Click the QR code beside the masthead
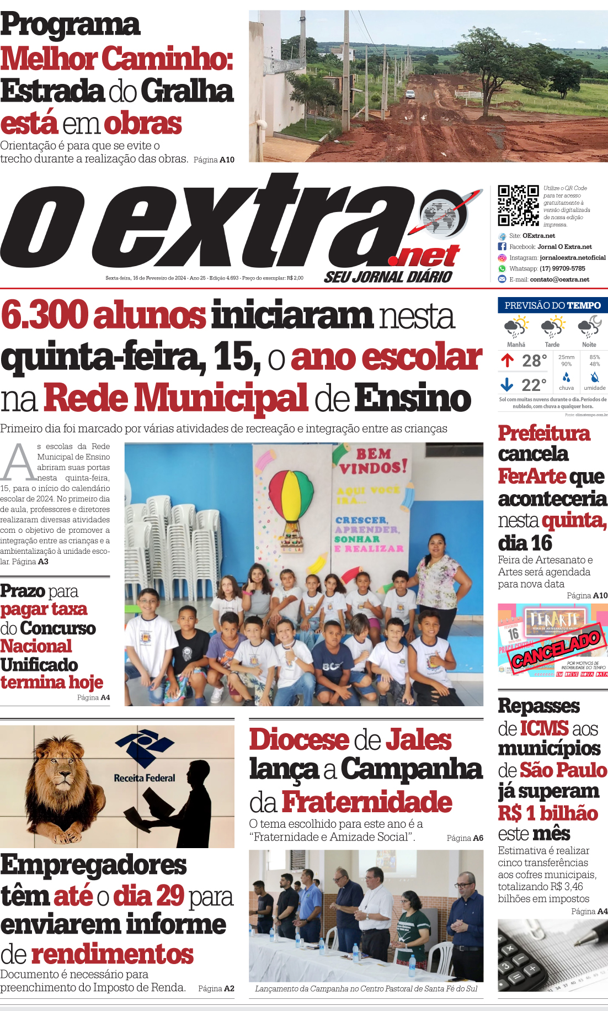coord(518,205)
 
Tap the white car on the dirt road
coord(410,94)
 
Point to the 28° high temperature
coord(534,361)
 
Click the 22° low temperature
coord(534,385)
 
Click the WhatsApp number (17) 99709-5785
coord(562,269)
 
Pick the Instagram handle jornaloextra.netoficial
coord(572,258)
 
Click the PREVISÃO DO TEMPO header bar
coord(552,305)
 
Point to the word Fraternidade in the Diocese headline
coord(367,802)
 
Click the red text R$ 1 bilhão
coord(548,813)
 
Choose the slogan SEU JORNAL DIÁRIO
coord(388,277)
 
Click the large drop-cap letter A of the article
coord(18,463)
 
